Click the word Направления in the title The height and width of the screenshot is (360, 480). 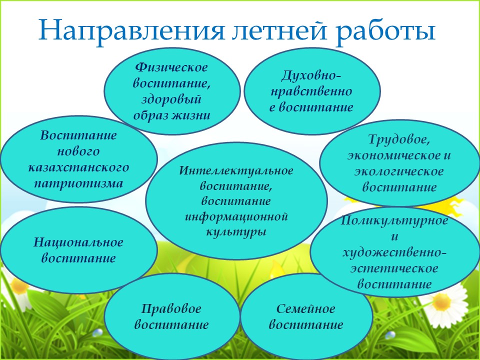[x=132, y=31]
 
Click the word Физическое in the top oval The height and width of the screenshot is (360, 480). [x=171, y=67]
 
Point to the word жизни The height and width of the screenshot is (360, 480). [x=190, y=115]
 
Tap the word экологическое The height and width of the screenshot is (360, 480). [x=399, y=171]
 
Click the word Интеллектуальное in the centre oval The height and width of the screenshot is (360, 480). [x=236, y=171]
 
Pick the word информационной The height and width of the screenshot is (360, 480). [x=236, y=216]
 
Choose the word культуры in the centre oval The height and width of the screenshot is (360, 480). [x=235, y=232]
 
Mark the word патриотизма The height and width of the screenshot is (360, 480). [x=78, y=183]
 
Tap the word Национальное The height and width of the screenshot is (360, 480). [x=78, y=242]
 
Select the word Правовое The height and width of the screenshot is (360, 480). [x=171, y=308]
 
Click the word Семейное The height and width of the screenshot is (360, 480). [x=306, y=308]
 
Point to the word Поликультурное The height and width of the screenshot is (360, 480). [x=394, y=220]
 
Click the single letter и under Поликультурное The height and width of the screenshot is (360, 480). [x=394, y=236]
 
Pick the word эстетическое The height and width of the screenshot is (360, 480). [x=394, y=268]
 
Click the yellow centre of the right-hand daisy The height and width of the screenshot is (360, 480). [x=441, y=302]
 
